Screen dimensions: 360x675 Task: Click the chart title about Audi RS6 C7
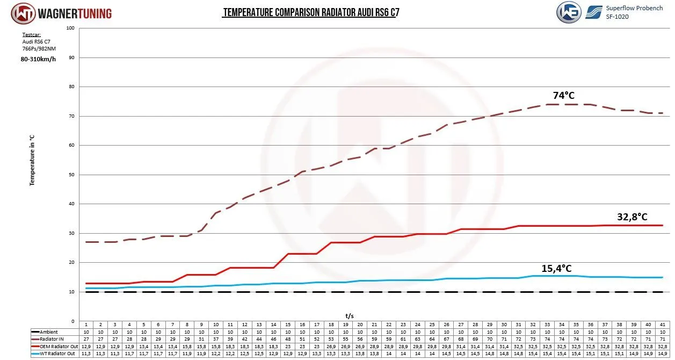click(310, 12)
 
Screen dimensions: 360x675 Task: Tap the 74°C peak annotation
click(563, 96)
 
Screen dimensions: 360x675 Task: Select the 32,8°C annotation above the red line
click(632, 217)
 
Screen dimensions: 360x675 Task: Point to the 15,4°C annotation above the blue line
click(556, 268)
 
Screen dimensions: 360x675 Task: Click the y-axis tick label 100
click(70, 28)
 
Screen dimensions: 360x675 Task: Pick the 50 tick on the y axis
click(71, 175)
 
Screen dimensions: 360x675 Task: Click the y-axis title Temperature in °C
click(32, 161)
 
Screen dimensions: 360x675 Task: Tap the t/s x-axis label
click(350, 316)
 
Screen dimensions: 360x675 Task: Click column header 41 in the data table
click(663, 325)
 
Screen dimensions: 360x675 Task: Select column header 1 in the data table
click(86, 325)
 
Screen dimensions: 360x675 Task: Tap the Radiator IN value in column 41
click(663, 340)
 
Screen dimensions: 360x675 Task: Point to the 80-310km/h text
click(39, 59)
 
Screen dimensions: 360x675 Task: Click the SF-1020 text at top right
click(617, 17)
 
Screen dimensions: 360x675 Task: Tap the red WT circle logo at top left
click(23, 13)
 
